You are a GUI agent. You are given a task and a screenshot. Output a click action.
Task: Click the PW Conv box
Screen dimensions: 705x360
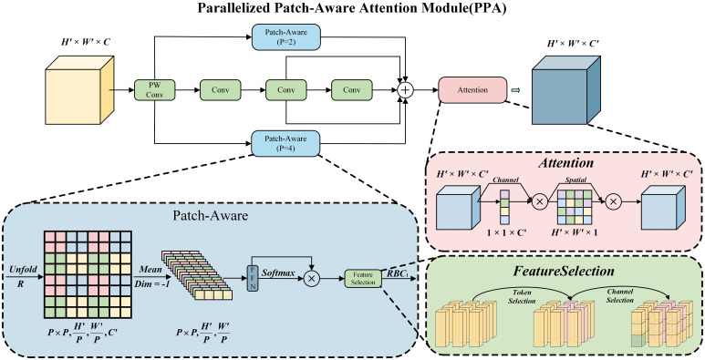click(x=155, y=90)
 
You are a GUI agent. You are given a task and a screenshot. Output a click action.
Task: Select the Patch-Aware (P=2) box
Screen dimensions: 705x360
click(x=286, y=36)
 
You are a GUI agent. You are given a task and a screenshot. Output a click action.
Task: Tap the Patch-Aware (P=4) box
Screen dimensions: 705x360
click(x=286, y=143)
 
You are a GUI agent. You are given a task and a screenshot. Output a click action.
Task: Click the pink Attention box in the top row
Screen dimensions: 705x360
click(x=472, y=90)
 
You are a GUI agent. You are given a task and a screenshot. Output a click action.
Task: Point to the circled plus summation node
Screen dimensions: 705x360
click(x=406, y=90)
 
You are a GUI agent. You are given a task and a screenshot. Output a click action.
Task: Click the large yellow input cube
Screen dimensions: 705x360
click(x=79, y=90)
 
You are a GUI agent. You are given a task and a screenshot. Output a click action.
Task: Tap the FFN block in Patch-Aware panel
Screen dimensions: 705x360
click(x=252, y=278)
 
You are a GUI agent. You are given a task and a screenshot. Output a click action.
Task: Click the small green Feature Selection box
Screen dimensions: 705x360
click(x=363, y=278)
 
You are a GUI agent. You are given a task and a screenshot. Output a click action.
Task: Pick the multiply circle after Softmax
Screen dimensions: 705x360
click(x=311, y=279)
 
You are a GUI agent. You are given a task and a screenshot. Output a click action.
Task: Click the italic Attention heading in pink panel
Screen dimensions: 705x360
click(x=565, y=163)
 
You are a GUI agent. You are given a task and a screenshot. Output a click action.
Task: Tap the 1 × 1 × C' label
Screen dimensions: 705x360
click(x=506, y=233)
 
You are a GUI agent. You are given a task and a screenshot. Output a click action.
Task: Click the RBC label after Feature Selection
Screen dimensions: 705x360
click(x=396, y=273)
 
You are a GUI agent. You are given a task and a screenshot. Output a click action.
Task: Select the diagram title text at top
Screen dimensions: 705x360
click(x=352, y=8)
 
